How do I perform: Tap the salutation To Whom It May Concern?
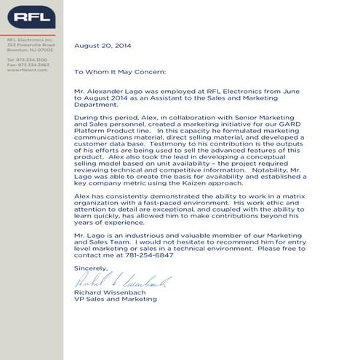[120, 72]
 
